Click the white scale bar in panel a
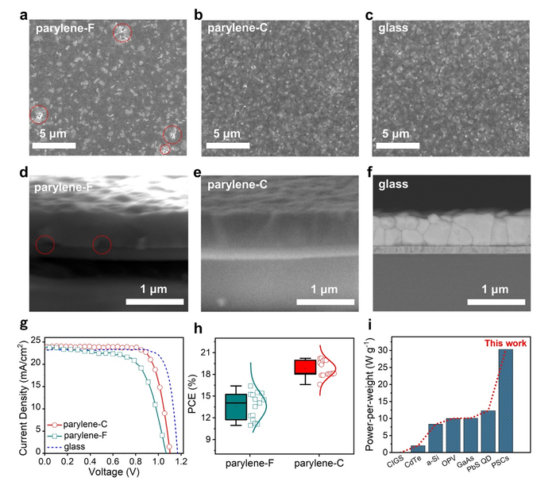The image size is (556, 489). coord(53,144)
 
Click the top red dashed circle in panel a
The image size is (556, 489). coord(122,33)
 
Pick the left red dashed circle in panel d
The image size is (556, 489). coord(45,244)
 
